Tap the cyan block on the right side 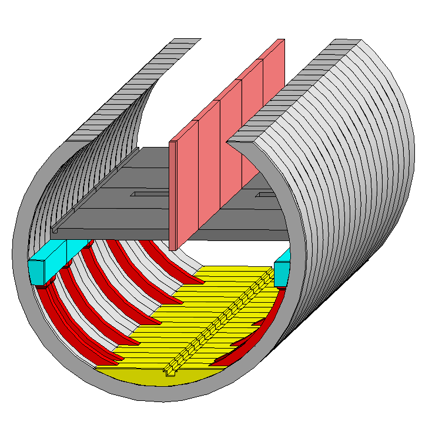282,273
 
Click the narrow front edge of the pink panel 173,194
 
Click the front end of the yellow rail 170,370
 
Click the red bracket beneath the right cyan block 281,287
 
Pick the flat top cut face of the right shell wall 294,88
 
